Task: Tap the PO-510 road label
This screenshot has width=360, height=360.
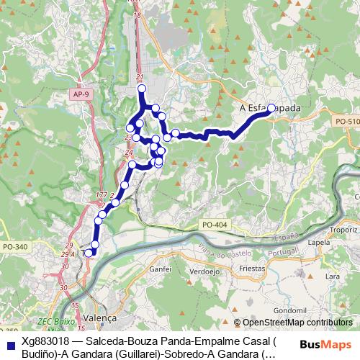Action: click(348, 122)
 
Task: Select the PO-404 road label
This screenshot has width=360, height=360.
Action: click(215, 225)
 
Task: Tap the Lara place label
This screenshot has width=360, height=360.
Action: click(332, 276)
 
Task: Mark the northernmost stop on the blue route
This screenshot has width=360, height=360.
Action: click(141, 89)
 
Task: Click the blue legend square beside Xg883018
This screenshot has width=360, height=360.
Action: click(9, 342)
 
